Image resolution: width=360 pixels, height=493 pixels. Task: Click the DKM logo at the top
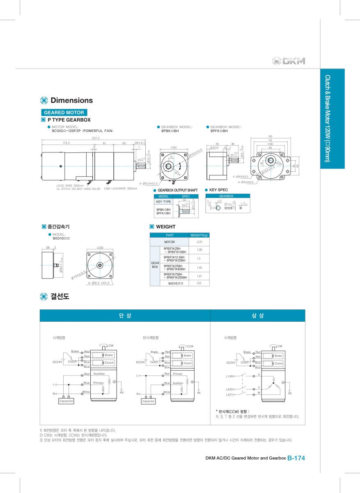pos(289,61)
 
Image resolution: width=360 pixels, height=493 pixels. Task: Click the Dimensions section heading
pos(71,100)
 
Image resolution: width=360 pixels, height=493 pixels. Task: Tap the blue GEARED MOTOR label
pos(64,112)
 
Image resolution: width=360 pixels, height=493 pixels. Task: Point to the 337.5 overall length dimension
pos(96,138)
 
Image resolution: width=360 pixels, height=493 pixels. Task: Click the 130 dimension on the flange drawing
pos(270,136)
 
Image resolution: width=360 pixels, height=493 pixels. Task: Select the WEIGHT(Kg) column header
pos(199,235)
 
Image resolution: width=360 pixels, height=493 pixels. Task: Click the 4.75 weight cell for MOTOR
pos(199,242)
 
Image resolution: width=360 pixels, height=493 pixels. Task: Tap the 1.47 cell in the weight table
pos(199,276)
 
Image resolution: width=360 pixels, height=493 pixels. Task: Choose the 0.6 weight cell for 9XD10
pos(199,283)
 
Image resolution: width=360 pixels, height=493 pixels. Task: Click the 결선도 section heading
pos(60,296)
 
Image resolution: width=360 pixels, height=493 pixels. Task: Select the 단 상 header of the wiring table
pos(125,316)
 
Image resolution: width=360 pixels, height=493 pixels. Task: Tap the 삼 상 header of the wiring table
pos(257,316)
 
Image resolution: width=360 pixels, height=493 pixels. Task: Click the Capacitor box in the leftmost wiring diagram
pos(66,401)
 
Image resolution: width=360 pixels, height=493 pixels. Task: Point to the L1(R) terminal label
pos(230,376)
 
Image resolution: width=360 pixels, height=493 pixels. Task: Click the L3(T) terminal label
pos(230,395)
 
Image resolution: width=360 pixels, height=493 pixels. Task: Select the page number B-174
pos(296,458)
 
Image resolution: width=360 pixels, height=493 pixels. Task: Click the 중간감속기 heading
pos(55,226)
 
